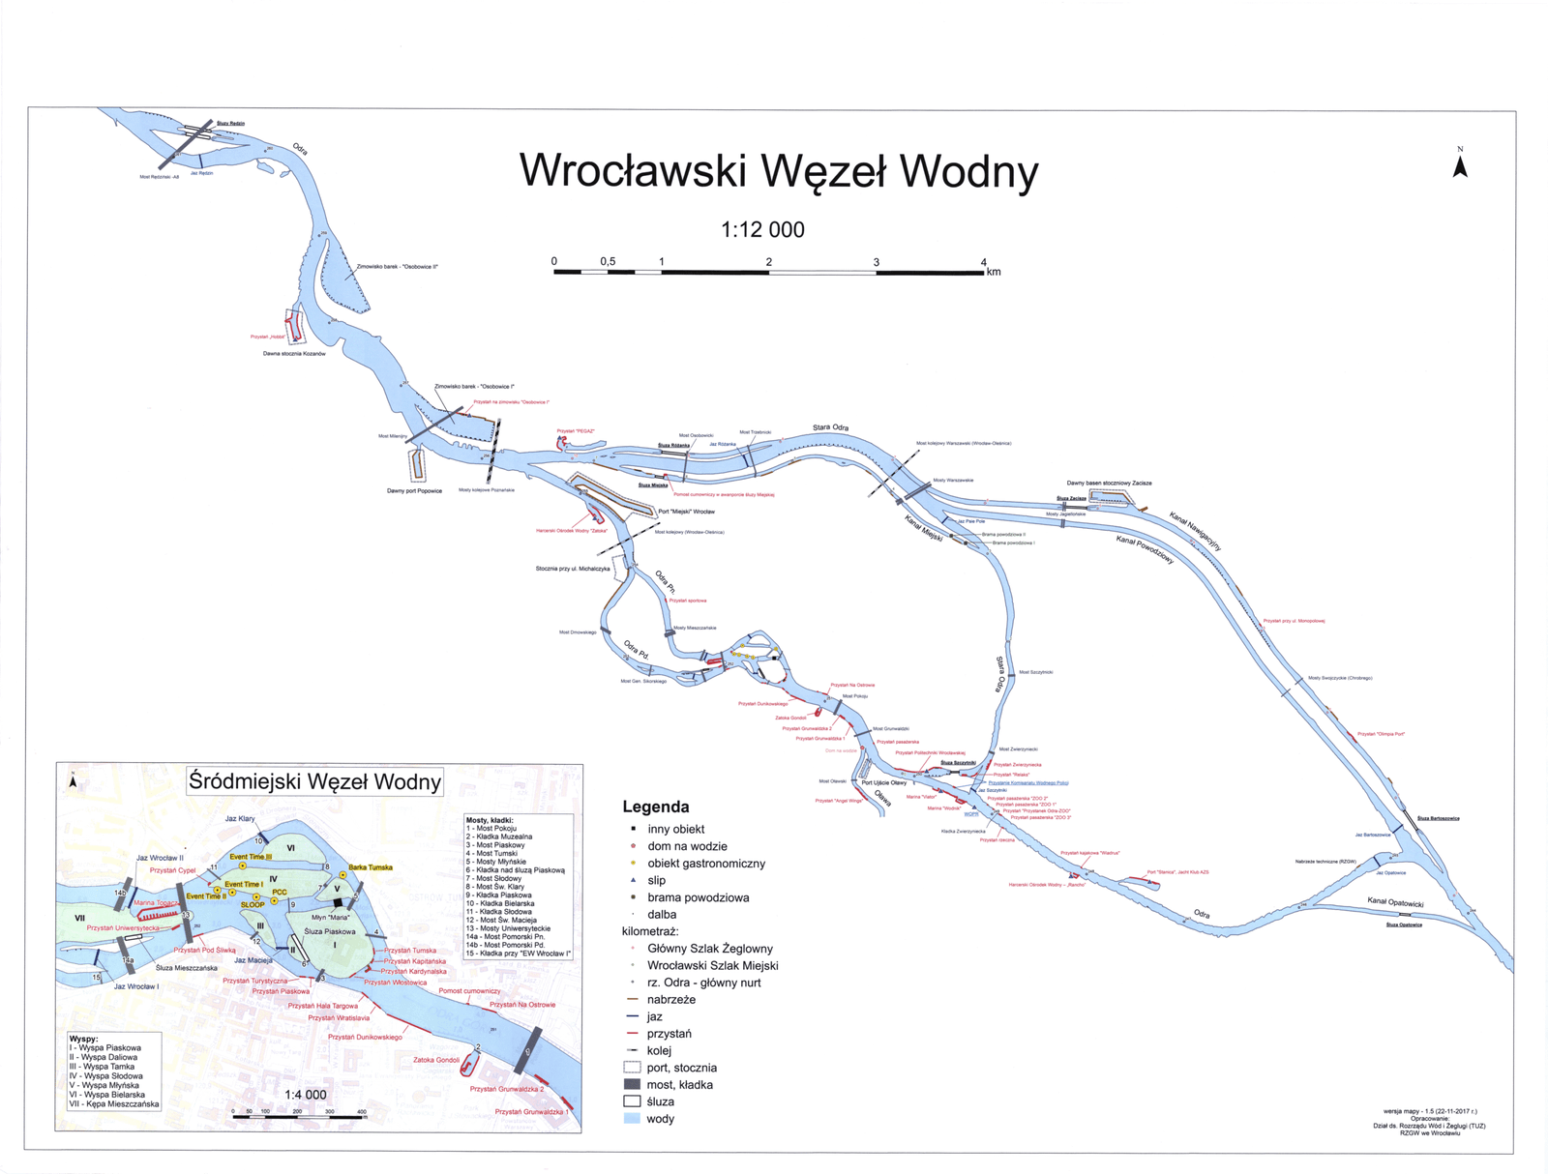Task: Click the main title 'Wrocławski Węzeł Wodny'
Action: tap(779, 171)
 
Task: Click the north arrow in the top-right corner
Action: tap(1460, 165)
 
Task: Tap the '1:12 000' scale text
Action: tap(762, 230)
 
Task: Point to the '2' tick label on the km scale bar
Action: tap(769, 262)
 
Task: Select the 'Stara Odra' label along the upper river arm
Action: tap(830, 427)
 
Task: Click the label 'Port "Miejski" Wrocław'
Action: tap(686, 512)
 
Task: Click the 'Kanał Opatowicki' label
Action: tap(1395, 902)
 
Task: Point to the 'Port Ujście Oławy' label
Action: tap(883, 782)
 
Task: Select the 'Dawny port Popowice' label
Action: tap(414, 491)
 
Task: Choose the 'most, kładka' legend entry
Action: tap(679, 1085)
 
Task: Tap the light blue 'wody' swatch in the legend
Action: tap(633, 1119)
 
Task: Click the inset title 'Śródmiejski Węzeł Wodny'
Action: tap(314, 781)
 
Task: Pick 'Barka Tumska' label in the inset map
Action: tap(371, 867)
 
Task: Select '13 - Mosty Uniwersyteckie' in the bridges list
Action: tap(508, 928)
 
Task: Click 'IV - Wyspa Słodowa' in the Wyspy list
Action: tap(105, 1075)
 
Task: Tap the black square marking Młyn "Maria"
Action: tap(338, 903)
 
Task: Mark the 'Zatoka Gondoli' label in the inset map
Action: tap(436, 1060)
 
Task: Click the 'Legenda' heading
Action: tap(656, 807)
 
